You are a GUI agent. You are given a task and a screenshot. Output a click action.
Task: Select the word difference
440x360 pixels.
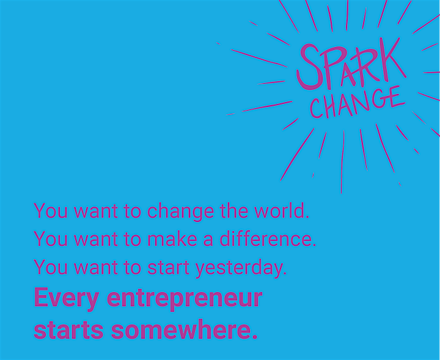268,238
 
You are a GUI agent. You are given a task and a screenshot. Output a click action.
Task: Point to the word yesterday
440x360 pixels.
241,268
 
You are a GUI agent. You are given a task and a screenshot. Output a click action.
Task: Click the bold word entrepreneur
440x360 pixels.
185,298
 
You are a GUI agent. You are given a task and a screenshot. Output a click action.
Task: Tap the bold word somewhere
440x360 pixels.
184,329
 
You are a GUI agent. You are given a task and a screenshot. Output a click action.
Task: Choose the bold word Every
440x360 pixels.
67,299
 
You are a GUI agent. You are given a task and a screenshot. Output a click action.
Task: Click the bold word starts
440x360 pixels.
68,330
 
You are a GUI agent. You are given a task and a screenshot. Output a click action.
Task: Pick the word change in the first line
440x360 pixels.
180,211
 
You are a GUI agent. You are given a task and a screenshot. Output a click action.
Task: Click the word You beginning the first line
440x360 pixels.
51,210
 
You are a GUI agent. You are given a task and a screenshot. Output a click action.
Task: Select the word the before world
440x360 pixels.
234,210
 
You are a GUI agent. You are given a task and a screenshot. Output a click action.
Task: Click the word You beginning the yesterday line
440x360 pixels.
51,267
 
